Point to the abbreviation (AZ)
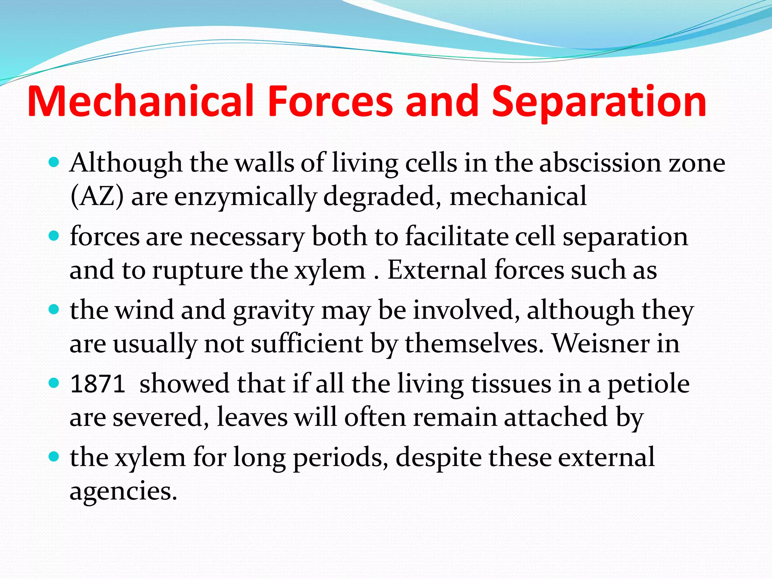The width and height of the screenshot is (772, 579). (97, 197)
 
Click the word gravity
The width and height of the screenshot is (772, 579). (273, 311)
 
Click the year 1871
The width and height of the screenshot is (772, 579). (98, 384)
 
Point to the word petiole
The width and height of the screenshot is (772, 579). (648, 384)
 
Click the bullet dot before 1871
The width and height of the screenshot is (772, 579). (55, 384)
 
